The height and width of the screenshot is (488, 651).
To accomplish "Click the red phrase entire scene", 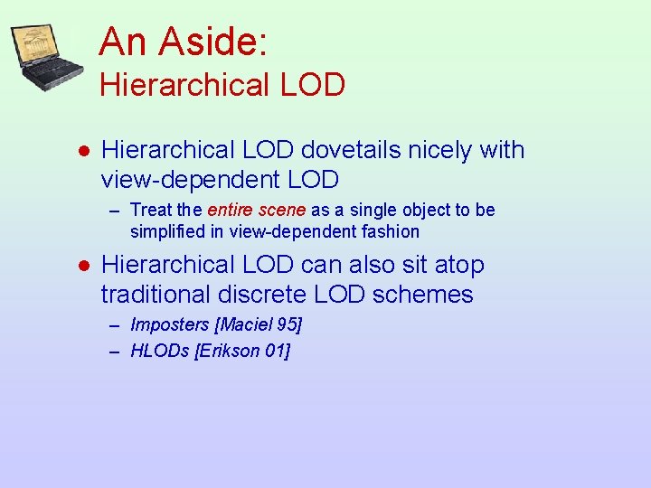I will point(257,211).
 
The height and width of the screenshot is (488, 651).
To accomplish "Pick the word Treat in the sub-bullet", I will point(151,211).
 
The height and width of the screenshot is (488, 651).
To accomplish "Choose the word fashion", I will point(390,231).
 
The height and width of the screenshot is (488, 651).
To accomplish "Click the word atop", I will point(459,265).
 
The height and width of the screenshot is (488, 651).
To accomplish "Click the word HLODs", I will point(160,351).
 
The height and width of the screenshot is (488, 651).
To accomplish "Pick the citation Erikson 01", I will point(242,351).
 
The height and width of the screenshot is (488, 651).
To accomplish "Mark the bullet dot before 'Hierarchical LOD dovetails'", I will point(82,151).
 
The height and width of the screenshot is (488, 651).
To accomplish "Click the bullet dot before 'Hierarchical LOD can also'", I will point(82,266).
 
